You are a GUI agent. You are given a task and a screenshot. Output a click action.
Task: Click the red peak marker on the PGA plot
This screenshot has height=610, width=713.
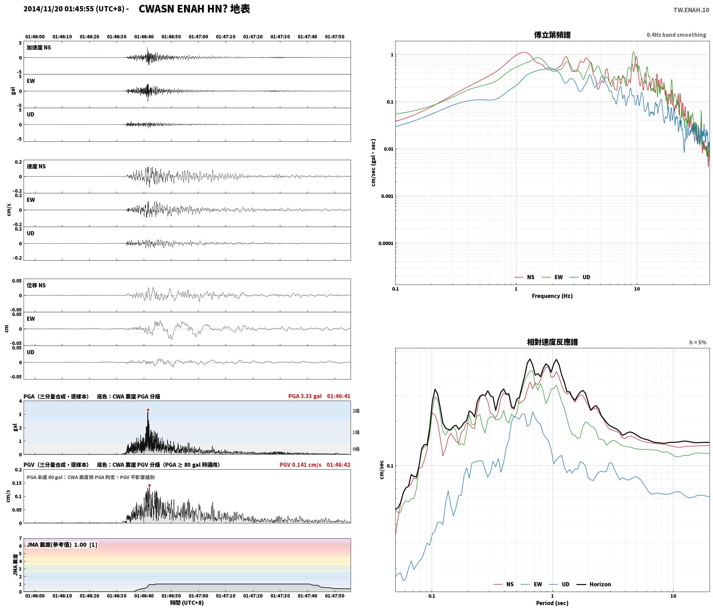[x=148, y=410]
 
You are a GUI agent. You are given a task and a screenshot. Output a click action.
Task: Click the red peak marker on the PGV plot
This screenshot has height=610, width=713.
[x=149, y=486]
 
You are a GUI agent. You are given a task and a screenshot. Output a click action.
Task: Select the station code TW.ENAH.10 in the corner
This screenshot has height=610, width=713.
[x=691, y=10]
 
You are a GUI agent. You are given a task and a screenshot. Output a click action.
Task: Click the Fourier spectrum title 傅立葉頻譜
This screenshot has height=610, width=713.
[x=552, y=35]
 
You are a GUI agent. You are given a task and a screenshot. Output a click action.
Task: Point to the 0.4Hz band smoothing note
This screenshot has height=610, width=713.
[x=676, y=35]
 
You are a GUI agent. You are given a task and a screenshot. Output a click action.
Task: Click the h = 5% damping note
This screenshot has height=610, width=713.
[x=698, y=342]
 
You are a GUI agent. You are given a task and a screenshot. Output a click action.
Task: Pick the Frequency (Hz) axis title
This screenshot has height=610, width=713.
[x=552, y=296]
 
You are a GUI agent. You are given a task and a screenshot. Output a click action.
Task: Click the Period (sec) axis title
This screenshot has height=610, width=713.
[x=552, y=603]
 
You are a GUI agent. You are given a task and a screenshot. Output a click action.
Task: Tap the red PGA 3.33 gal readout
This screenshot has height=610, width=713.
[x=305, y=396]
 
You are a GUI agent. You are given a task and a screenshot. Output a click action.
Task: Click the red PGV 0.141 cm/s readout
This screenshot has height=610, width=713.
[x=300, y=465]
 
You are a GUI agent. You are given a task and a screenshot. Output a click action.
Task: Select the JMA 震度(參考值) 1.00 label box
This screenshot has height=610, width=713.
[x=62, y=545]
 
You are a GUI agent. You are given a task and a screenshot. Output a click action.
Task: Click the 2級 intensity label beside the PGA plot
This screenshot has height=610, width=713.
[x=356, y=411]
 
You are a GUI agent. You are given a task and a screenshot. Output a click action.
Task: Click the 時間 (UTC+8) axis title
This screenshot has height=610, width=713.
[x=187, y=603]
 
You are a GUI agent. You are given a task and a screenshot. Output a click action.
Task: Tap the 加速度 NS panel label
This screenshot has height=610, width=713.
[x=39, y=47]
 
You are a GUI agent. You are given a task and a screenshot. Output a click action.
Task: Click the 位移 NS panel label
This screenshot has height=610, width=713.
[x=36, y=285]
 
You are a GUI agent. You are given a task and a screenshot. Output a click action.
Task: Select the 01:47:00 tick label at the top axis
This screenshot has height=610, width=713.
[x=199, y=37]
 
